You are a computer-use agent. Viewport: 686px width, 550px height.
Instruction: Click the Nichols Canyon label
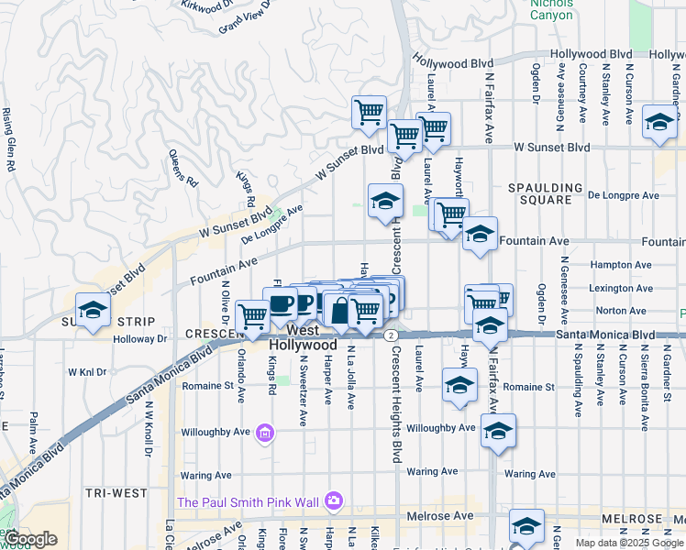pyautogui.click(x=551, y=8)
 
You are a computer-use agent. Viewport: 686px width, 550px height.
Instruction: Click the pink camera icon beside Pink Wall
pyautogui.click(x=333, y=500)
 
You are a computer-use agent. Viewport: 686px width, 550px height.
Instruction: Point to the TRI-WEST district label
pyautogui.click(x=116, y=492)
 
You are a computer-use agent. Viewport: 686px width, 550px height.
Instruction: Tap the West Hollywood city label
pyautogui.click(x=304, y=337)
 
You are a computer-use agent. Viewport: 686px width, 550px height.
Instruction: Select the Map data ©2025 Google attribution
pyautogui.click(x=628, y=542)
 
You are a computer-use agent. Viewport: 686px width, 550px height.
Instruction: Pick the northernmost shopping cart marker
pyautogui.click(x=369, y=113)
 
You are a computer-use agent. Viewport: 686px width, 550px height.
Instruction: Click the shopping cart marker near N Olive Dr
pyautogui.click(x=252, y=316)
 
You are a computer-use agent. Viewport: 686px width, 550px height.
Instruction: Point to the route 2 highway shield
pyautogui.click(x=391, y=335)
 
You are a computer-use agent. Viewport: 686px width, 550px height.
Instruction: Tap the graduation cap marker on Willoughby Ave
pyautogui.click(x=498, y=431)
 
